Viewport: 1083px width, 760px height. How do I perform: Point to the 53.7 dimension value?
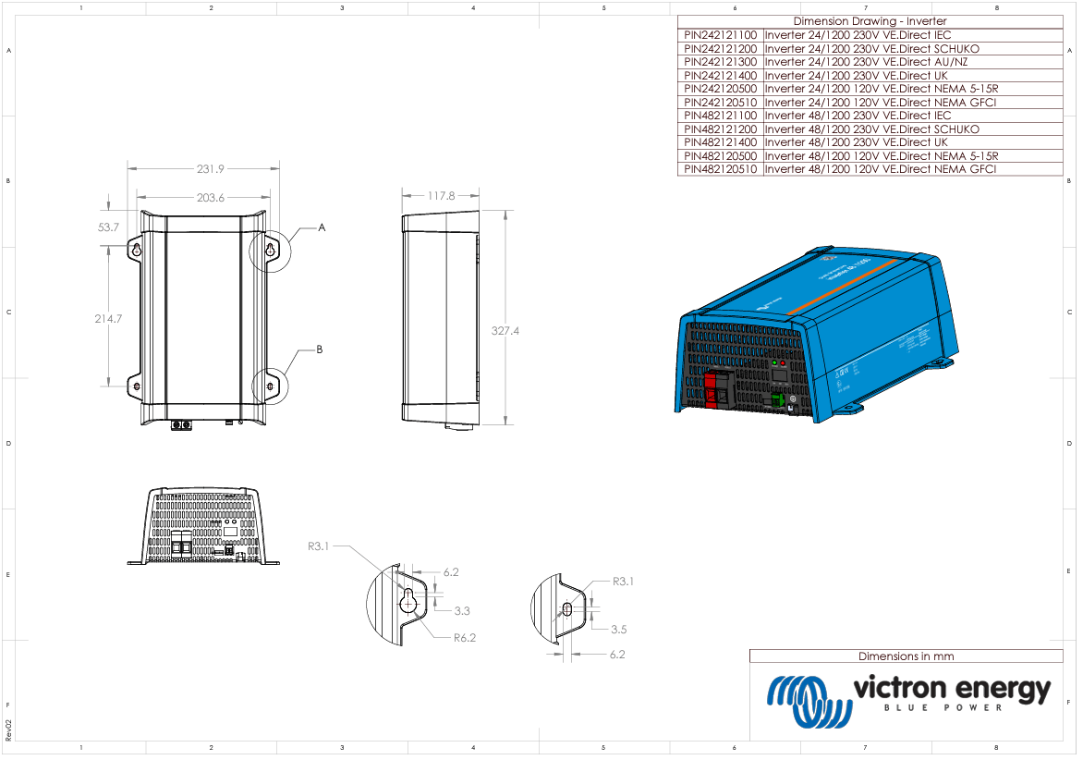coord(108,227)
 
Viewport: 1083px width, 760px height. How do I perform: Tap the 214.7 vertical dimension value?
coord(108,318)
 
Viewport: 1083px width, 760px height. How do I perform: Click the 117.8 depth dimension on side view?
coord(441,196)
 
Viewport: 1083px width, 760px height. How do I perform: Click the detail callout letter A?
coord(322,227)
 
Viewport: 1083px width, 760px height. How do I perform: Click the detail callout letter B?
coord(320,349)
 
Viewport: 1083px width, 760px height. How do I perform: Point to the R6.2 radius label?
coord(464,637)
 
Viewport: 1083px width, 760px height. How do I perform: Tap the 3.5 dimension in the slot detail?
coord(619,629)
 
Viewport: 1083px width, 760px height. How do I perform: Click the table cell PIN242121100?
coord(720,35)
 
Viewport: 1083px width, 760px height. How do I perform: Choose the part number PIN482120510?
coord(720,169)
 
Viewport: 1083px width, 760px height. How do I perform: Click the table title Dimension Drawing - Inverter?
coord(869,21)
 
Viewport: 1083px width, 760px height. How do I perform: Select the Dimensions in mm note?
coord(906,656)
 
